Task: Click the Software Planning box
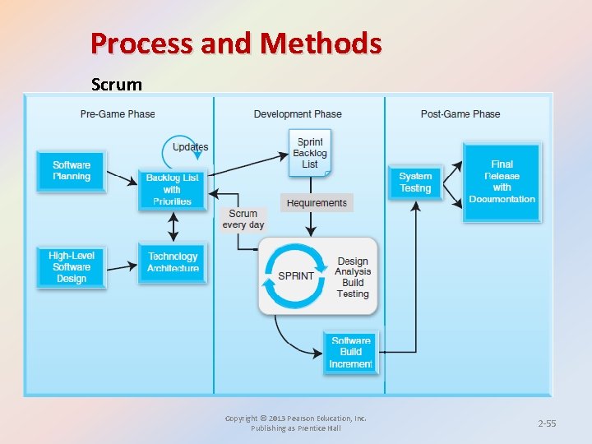pyautogui.click(x=72, y=171)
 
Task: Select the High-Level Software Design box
pyautogui.click(x=72, y=267)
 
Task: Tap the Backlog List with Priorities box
pyautogui.click(x=172, y=190)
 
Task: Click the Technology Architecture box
pyautogui.click(x=173, y=262)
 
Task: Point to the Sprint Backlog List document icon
pyautogui.click(x=310, y=153)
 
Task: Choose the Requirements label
pyautogui.click(x=317, y=203)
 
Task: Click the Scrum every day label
pyautogui.click(x=243, y=220)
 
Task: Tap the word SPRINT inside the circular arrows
pyautogui.click(x=296, y=276)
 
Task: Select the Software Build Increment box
pyautogui.click(x=350, y=352)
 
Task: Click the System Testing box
pyautogui.click(x=415, y=183)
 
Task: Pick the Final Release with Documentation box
pyautogui.click(x=502, y=183)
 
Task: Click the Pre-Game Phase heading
pyautogui.click(x=118, y=114)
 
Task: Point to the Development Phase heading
pyautogui.click(x=298, y=114)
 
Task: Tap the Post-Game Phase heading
pyautogui.click(x=460, y=114)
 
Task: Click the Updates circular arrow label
pyautogui.click(x=190, y=147)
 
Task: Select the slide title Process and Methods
pyautogui.click(x=236, y=43)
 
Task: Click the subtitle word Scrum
pyautogui.click(x=116, y=84)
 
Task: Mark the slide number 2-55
pyautogui.click(x=547, y=423)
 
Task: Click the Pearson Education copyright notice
pyautogui.click(x=296, y=423)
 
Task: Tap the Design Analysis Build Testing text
pyautogui.click(x=353, y=277)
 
